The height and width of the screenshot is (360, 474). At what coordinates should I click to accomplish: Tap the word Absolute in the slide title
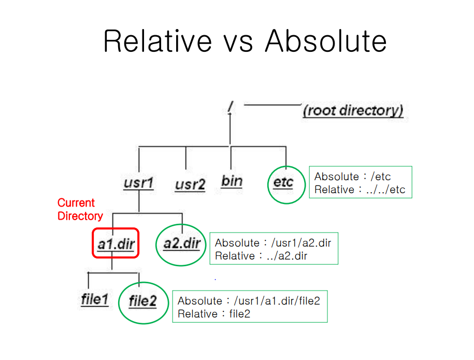coord(325,41)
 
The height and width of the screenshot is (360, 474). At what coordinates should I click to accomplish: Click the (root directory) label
coord(353,110)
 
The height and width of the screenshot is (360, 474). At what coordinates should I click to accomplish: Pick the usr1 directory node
coord(138,183)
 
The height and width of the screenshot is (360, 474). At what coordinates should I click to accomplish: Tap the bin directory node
coord(232,181)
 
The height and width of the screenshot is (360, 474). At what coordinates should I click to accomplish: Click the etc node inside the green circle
coord(283,182)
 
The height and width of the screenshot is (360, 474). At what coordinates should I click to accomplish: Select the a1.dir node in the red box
coord(116,243)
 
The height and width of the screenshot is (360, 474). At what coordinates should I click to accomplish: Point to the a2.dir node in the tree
coord(181,243)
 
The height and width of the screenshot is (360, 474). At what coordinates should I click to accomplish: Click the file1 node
coord(95,299)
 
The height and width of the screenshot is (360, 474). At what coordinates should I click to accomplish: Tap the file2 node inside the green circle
coord(142,301)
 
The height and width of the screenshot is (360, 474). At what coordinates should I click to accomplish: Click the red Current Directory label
coord(80,209)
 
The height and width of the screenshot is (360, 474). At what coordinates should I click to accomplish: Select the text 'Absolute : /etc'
coord(352,177)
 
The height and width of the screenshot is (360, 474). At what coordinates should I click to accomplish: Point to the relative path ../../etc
coord(385,190)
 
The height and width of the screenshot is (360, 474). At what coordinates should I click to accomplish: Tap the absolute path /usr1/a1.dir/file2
coord(277,301)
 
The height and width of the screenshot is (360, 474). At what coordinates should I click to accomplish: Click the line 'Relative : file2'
coord(214,314)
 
